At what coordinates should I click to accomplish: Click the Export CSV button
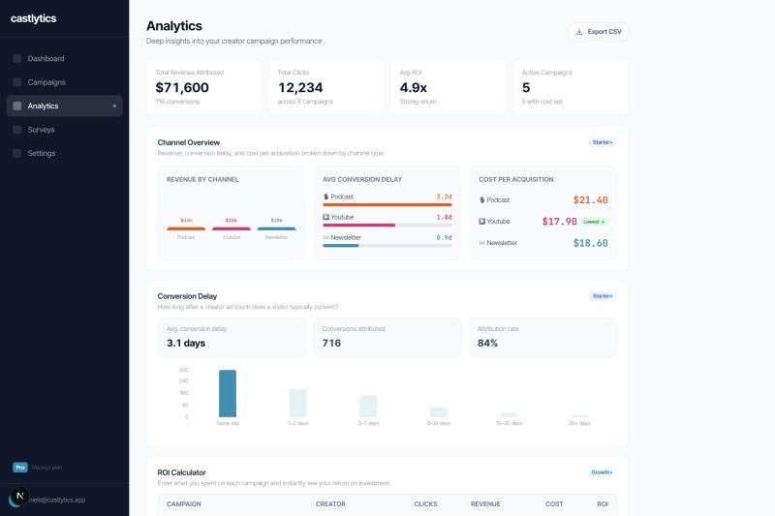598,32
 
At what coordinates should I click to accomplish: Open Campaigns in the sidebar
46,82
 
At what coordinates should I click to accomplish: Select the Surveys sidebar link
41,130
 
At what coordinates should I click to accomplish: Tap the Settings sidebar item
42,153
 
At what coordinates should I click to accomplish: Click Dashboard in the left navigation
46,59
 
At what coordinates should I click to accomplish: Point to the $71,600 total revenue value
182,87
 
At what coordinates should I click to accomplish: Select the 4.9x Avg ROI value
414,87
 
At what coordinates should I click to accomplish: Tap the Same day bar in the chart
228,393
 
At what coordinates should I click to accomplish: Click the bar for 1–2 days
297,403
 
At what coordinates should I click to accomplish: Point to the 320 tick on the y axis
184,370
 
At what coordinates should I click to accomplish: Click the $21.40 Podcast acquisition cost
590,200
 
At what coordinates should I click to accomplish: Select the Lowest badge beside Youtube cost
594,222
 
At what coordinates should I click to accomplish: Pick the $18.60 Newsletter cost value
590,243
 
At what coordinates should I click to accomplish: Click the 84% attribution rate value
487,343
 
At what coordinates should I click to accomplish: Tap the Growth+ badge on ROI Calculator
602,472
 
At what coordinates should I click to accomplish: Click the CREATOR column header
330,504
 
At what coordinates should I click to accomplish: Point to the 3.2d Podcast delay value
444,197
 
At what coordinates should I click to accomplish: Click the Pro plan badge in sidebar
19,468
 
